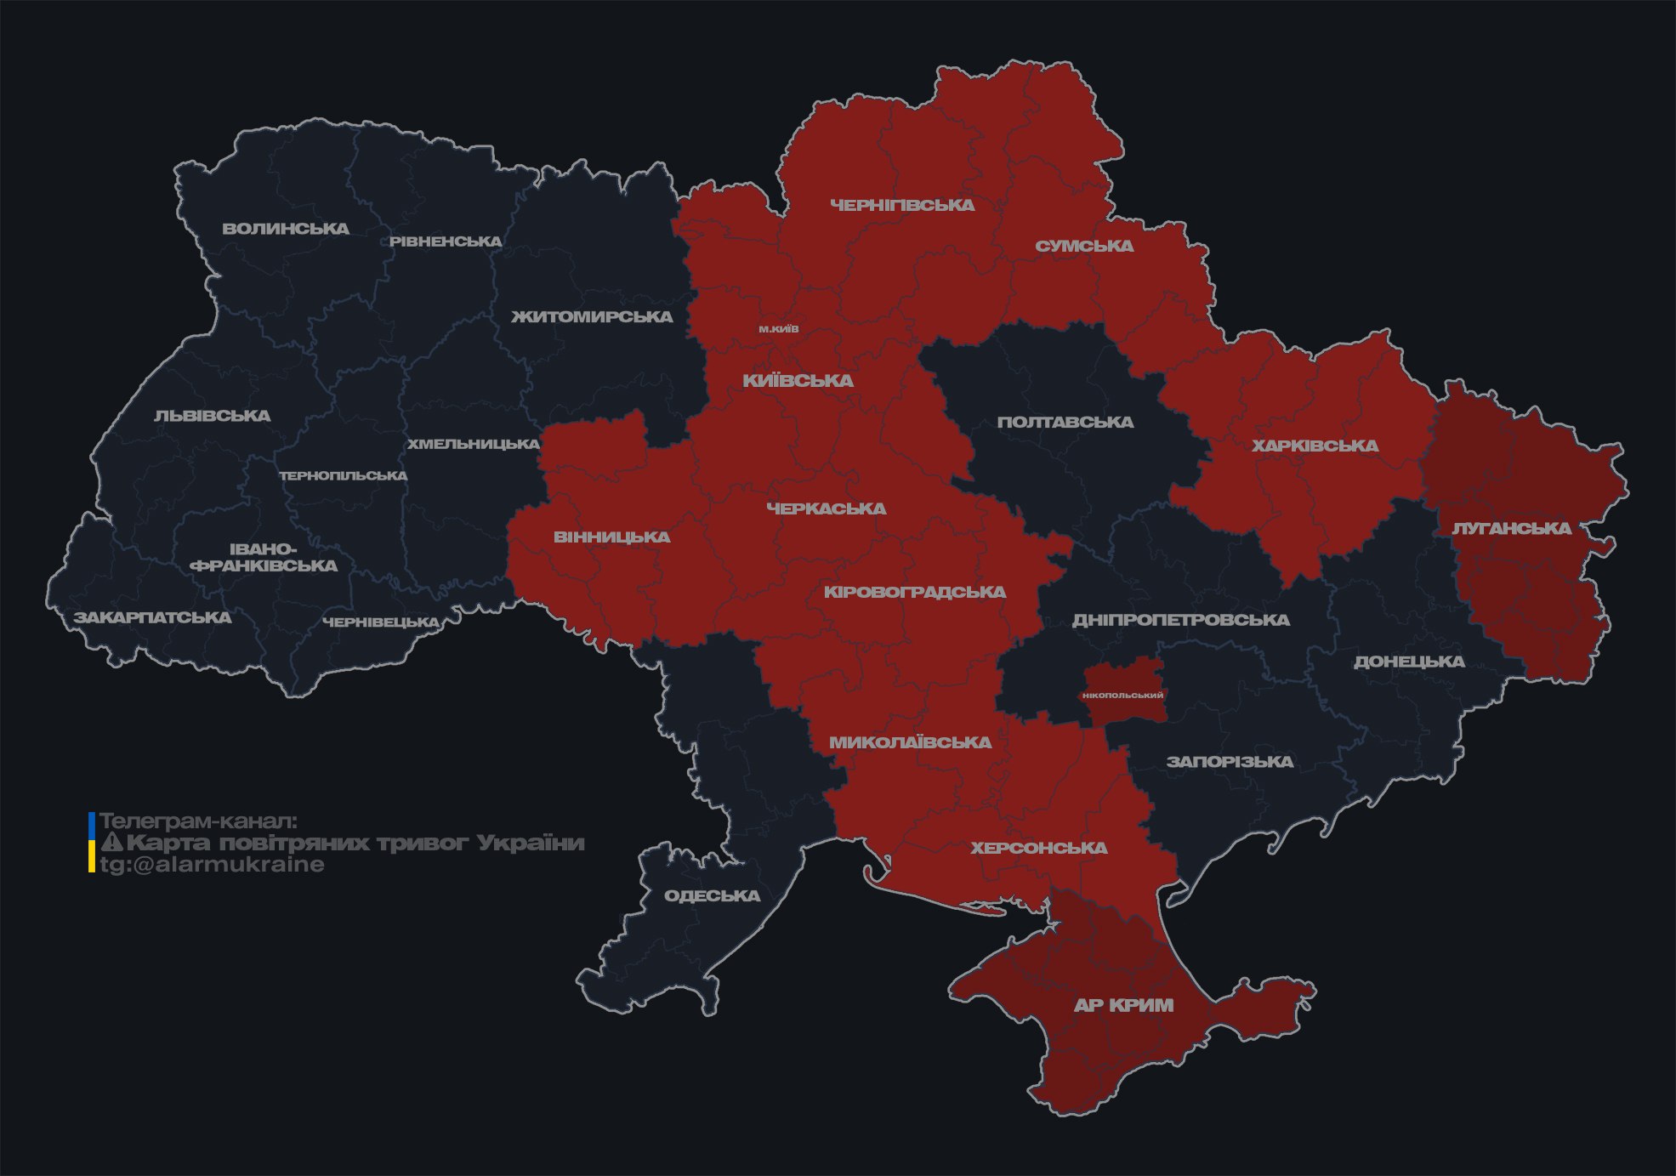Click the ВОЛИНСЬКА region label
coord(286,229)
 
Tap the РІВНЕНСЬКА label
coord(446,241)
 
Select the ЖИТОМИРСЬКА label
coord(592,317)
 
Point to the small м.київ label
coord(779,329)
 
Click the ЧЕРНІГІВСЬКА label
coord(902,206)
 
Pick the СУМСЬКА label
coord(1084,247)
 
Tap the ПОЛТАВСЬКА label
coord(1065,423)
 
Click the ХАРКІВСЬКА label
coord(1315,446)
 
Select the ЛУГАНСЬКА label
coord(1511,529)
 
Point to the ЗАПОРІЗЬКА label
coord(1230,762)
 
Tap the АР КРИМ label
coord(1123,1005)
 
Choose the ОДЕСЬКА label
coord(712,896)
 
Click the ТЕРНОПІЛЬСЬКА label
coord(344,476)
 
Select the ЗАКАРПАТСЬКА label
coord(152,617)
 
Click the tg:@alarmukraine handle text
coord(213,865)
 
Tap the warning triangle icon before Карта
coord(112,843)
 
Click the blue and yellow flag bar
coord(92,843)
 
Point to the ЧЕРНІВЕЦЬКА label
coord(381,622)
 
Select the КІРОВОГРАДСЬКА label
coord(914,592)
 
